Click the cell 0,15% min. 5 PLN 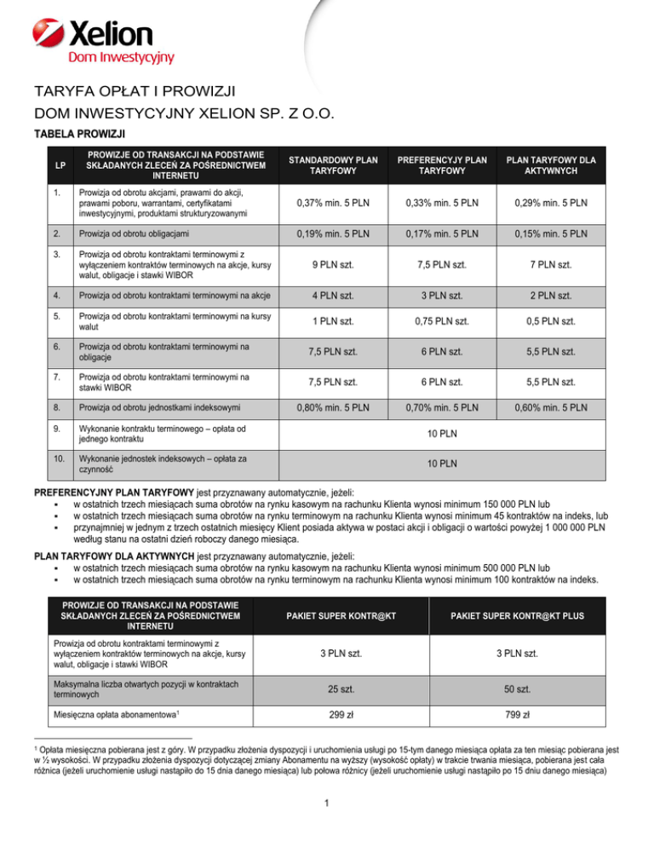(562, 233)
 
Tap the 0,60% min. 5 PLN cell (562, 407)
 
